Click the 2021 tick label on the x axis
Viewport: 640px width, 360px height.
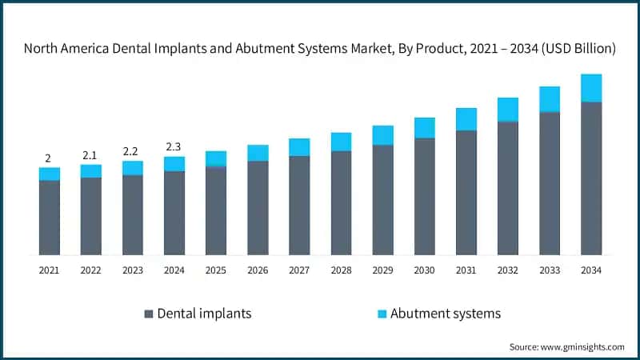[x=49, y=270]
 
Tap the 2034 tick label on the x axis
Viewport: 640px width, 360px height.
[x=591, y=270]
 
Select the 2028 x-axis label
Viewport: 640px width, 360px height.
[x=341, y=270]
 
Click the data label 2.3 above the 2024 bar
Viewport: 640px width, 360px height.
[x=174, y=146]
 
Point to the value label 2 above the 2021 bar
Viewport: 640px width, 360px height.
[x=49, y=158]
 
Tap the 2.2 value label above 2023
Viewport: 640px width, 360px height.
[x=132, y=150]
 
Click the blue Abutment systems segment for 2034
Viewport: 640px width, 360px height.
[x=591, y=88]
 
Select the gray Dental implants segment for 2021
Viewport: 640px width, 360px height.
[x=50, y=218]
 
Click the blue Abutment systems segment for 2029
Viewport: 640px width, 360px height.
[x=382, y=135]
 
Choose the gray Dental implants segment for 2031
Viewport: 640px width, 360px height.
[x=466, y=192]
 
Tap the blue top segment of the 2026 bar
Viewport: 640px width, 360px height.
[x=258, y=153]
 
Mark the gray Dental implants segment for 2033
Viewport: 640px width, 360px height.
[x=550, y=183]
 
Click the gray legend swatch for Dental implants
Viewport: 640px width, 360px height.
[x=148, y=314]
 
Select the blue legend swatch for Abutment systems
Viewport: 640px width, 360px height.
[x=380, y=314]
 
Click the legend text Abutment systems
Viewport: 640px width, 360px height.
[x=445, y=314]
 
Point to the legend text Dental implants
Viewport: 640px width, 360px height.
[x=204, y=314]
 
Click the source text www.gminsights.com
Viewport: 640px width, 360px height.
[x=583, y=347]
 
